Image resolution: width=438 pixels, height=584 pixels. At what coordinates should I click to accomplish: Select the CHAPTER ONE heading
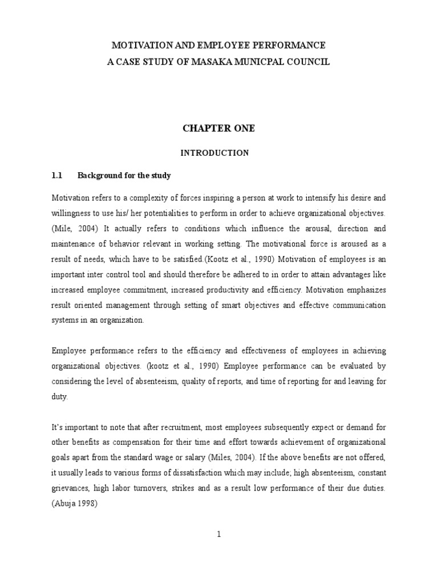pos(218,129)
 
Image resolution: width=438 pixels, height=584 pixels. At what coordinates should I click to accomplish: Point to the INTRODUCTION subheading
pos(214,153)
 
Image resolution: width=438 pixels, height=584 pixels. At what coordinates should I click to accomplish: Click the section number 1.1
pos(57,176)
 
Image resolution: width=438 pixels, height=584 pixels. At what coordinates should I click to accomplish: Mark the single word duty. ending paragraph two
pos(60,396)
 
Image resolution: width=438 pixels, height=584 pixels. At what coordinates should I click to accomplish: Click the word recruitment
pos(178,427)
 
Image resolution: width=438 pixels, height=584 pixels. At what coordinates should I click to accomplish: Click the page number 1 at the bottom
pos(218,534)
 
